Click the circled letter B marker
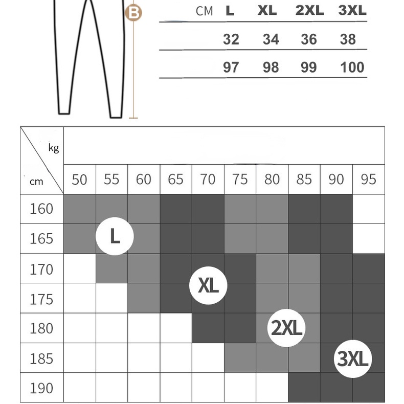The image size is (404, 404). pyautogui.click(x=133, y=12)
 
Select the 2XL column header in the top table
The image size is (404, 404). pyautogui.click(x=309, y=11)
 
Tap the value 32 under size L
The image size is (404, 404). pyautogui.click(x=231, y=39)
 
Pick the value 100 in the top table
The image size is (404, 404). pyautogui.click(x=352, y=67)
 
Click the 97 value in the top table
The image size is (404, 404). pyautogui.click(x=231, y=67)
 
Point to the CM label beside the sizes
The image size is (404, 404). pyautogui.click(x=204, y=11)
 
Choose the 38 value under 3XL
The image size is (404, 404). pyautogui.click(x=348, y=39)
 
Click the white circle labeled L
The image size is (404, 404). pyautogui.click(x=115, y=236)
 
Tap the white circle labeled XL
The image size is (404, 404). pyautogui.click(x=208, y=285)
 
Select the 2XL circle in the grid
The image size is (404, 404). pyautogui.click(x=287, y=327)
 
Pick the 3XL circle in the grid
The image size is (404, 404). pyautogui.click(x=352, y=358)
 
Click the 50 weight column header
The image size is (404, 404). pyautogui.click(x=79, y=179)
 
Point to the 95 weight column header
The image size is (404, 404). pyautogui.click(x=368, y=179)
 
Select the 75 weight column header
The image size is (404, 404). pyautogui.click(x=239, y=179)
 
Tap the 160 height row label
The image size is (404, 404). pyautogui.click(x=41, y=209)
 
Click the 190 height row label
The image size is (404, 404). pyautogui.click(x=41, y=388)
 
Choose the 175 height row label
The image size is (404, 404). pyautogui.click(x=41, y=299)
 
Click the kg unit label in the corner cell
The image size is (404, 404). pyautogui.click(x=54, y=148)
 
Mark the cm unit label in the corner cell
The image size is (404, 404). pyautogui.click(x=36, y=181)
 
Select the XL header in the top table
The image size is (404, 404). pyautogui.click(x=267, y=11)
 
